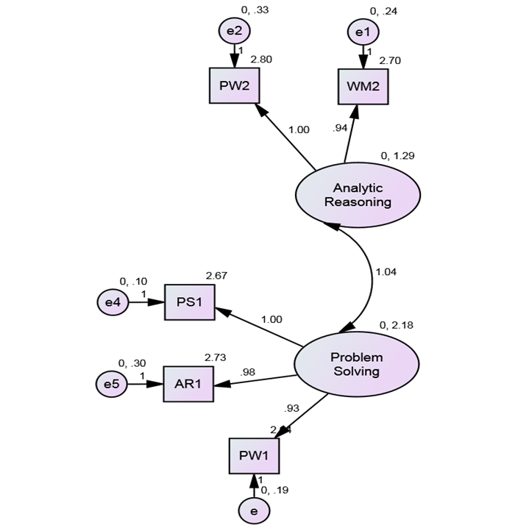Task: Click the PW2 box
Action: point(234,85)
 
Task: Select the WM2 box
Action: point(363,86)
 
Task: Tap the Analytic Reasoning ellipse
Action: point(358,195)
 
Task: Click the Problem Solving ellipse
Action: point(357,363)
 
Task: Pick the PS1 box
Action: point(189,302)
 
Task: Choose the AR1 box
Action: point(188,383)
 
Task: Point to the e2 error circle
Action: point(234,31)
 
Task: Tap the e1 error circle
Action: point(363,32)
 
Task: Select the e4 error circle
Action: point(113,302)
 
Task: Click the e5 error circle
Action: point(112,384)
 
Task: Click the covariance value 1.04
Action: point(386,272)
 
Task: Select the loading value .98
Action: point(248,372)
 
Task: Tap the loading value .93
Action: point(291,408)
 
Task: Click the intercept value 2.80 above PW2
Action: point(261,59)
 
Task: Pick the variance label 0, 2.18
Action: point(396,325)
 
